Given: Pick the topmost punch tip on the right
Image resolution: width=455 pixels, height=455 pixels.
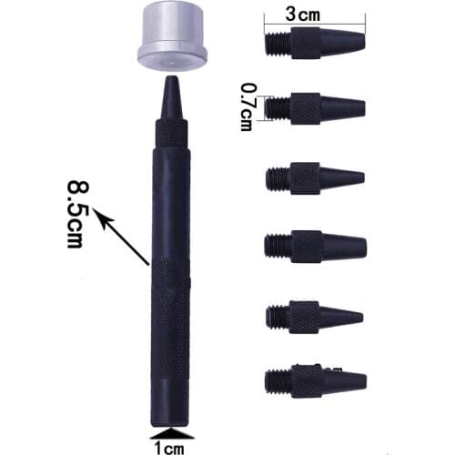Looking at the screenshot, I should pyautogui.click(x=313, y=43).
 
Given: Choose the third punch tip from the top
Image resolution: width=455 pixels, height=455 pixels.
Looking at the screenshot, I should pyautogui.click(x=313, y=175).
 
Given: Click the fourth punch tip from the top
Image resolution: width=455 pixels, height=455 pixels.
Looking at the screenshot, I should pyautogui.click(x=313, y=243).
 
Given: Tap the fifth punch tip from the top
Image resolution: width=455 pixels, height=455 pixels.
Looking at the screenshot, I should pyautogui.click(x=313, y=315).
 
